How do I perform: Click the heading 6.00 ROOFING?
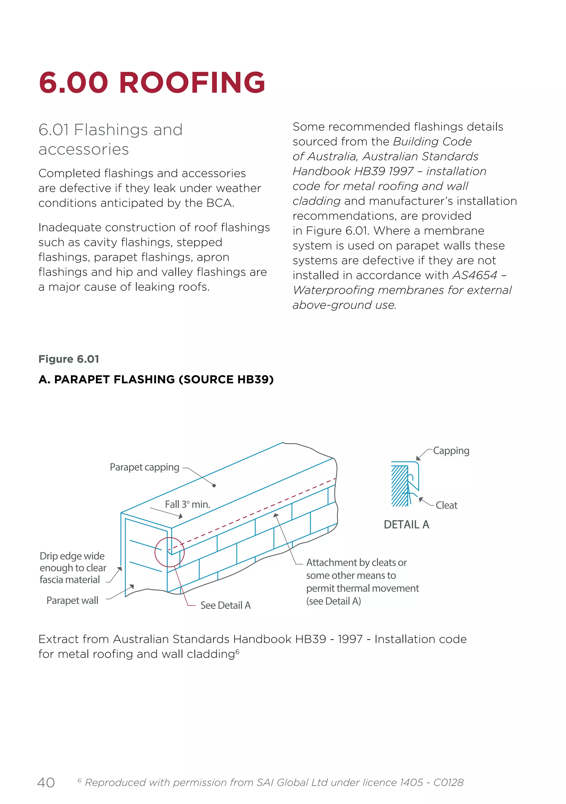[152, 83]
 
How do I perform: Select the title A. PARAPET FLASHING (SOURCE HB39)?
[156, 379]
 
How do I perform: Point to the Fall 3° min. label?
[187, 504]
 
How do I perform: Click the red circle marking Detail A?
[169, 552]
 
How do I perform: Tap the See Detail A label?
[225, 605]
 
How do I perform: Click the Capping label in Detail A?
[451, 451]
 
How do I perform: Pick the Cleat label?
[446, 505]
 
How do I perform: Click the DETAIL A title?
[406, 525]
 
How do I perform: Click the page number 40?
[46, 783]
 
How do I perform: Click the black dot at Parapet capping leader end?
[214, 486]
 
